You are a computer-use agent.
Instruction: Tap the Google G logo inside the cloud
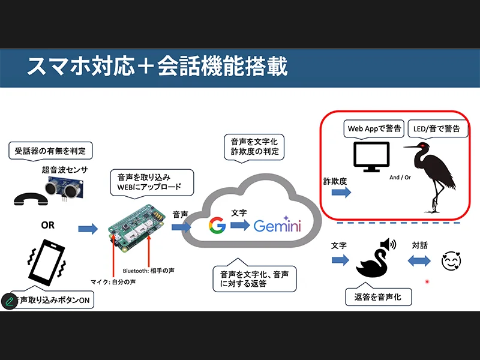pyautogui.click(x=217, y=226)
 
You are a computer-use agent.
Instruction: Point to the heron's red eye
pyautogui.click(x=424, y=146)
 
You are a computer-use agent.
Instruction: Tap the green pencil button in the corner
pyautogui.click(x=9, y=301)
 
